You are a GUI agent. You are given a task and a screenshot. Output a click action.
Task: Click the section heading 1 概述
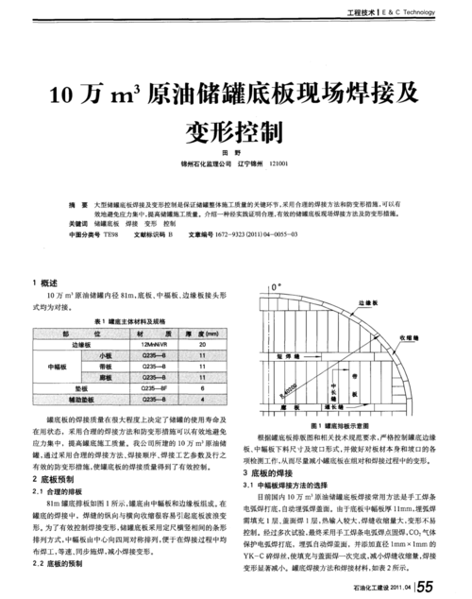[44, 282]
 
